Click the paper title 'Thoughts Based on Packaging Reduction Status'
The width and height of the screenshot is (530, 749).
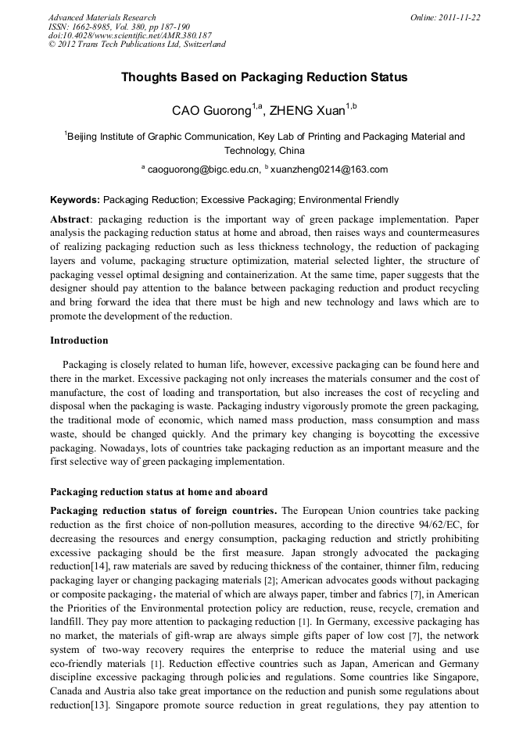click(264, 77)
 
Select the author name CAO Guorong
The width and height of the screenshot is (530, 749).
click(211, 111)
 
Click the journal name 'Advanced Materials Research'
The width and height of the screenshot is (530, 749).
click(102, 17)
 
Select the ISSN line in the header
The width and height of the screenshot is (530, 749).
click(119, 26)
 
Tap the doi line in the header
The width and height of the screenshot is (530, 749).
click(130, 35)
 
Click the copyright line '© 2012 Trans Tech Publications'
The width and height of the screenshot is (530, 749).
click(137, 45)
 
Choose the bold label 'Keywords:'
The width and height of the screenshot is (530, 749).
click(75, 200)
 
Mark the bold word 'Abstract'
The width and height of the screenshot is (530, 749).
click(70, 219)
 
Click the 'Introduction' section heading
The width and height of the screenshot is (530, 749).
click(79, 341)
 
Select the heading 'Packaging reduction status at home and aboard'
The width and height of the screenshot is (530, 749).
click(159, 492)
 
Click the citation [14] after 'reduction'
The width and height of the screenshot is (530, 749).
click(102, 565)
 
